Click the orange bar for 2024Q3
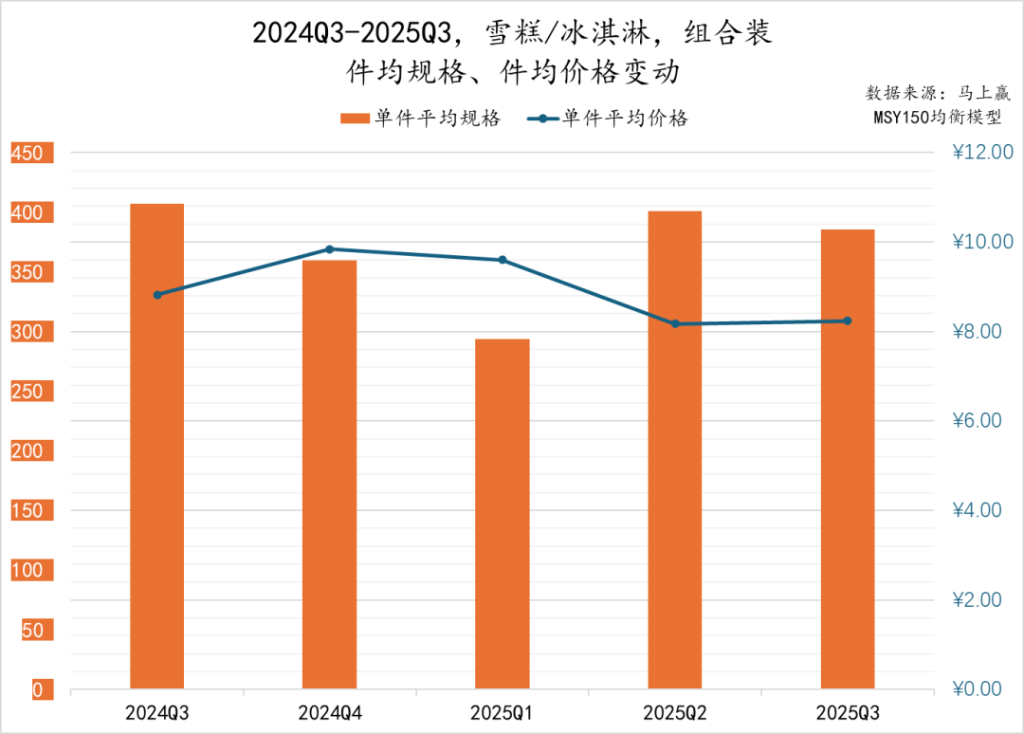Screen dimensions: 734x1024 pos(157,446)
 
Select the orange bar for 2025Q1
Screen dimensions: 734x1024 pos(503,513)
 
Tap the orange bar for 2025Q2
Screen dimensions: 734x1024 pos(674,450)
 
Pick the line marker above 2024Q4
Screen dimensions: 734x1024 pos(330,249)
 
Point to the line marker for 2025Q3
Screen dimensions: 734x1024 pos(848,321)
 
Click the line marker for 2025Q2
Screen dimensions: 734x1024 pos(675,323)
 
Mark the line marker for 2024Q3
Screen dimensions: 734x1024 pos(157,295)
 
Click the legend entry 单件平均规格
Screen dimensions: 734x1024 pos(421,118)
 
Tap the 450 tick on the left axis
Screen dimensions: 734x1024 pos(27,154)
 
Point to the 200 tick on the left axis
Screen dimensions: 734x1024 pos(27,451)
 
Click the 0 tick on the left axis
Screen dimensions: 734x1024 pos(37,690)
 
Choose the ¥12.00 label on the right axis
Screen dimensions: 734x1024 pos(981,153)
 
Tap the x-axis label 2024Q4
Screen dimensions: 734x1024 pos(329,712)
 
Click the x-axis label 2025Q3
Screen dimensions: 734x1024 pos(848,712)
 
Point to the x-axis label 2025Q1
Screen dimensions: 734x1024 pos(503,712)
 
